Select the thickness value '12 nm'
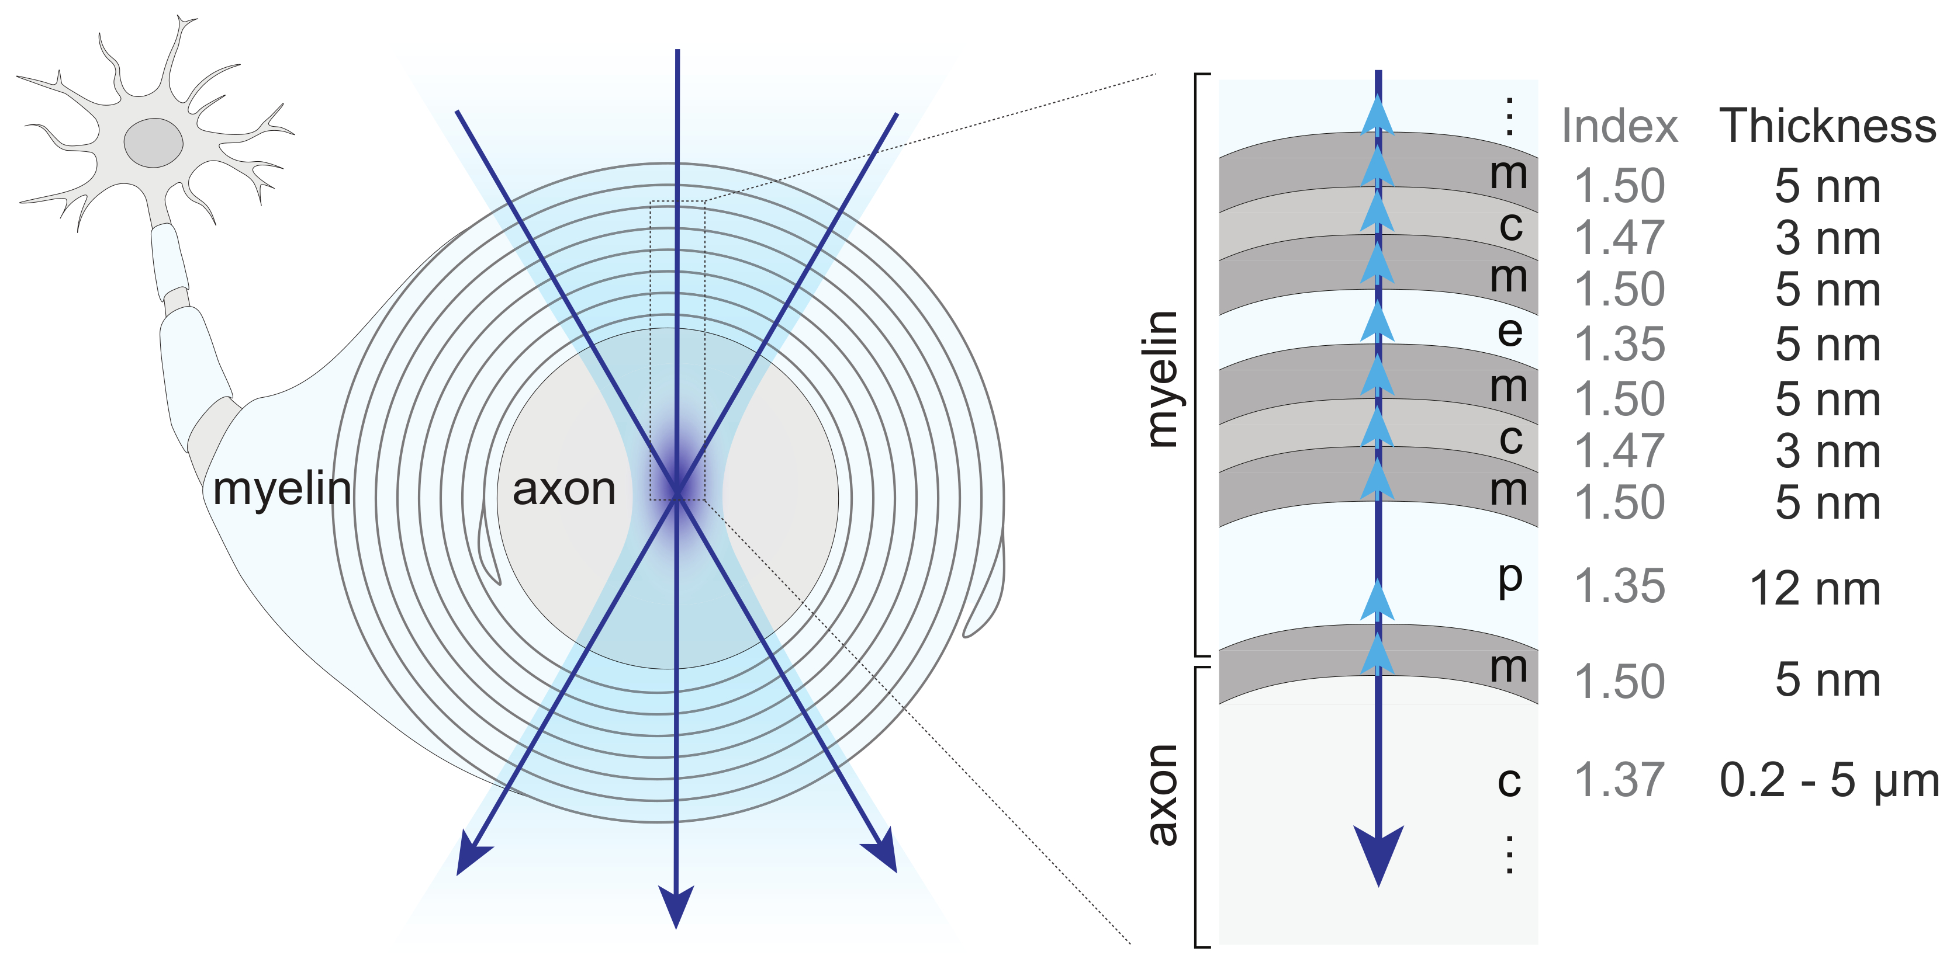pyautogui.click(x=1815, y=589)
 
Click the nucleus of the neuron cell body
pyautogui.click(x=154, y=143)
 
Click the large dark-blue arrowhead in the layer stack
pyautogui.click(x=1378, y=855)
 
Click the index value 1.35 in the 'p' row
pyautogui.click(x=1619, y=587)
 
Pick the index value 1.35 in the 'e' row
pyautogui.click(x=1619, y=345)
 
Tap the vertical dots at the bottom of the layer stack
pyautogui.click(x=1509, y=855)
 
